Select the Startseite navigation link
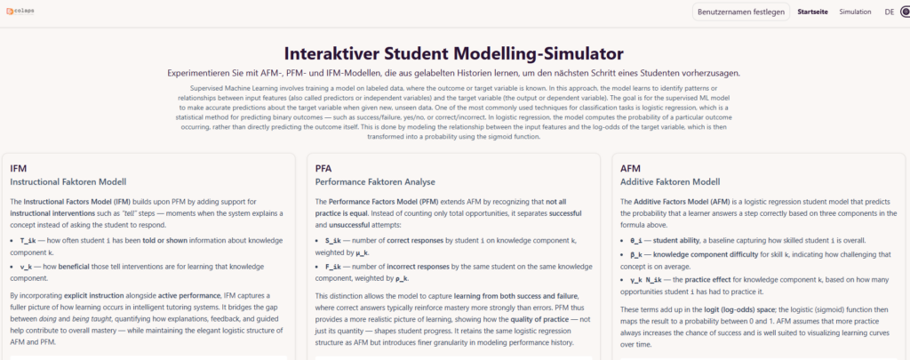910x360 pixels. coord(812,12)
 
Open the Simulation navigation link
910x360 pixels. coord(855,12)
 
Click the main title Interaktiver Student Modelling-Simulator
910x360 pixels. coord(454,53)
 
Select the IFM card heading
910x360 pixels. coord(19,168)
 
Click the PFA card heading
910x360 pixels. coord(324,168)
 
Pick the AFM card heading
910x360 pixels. coord(630,168)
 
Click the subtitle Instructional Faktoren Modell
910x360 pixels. coord(68,182)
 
